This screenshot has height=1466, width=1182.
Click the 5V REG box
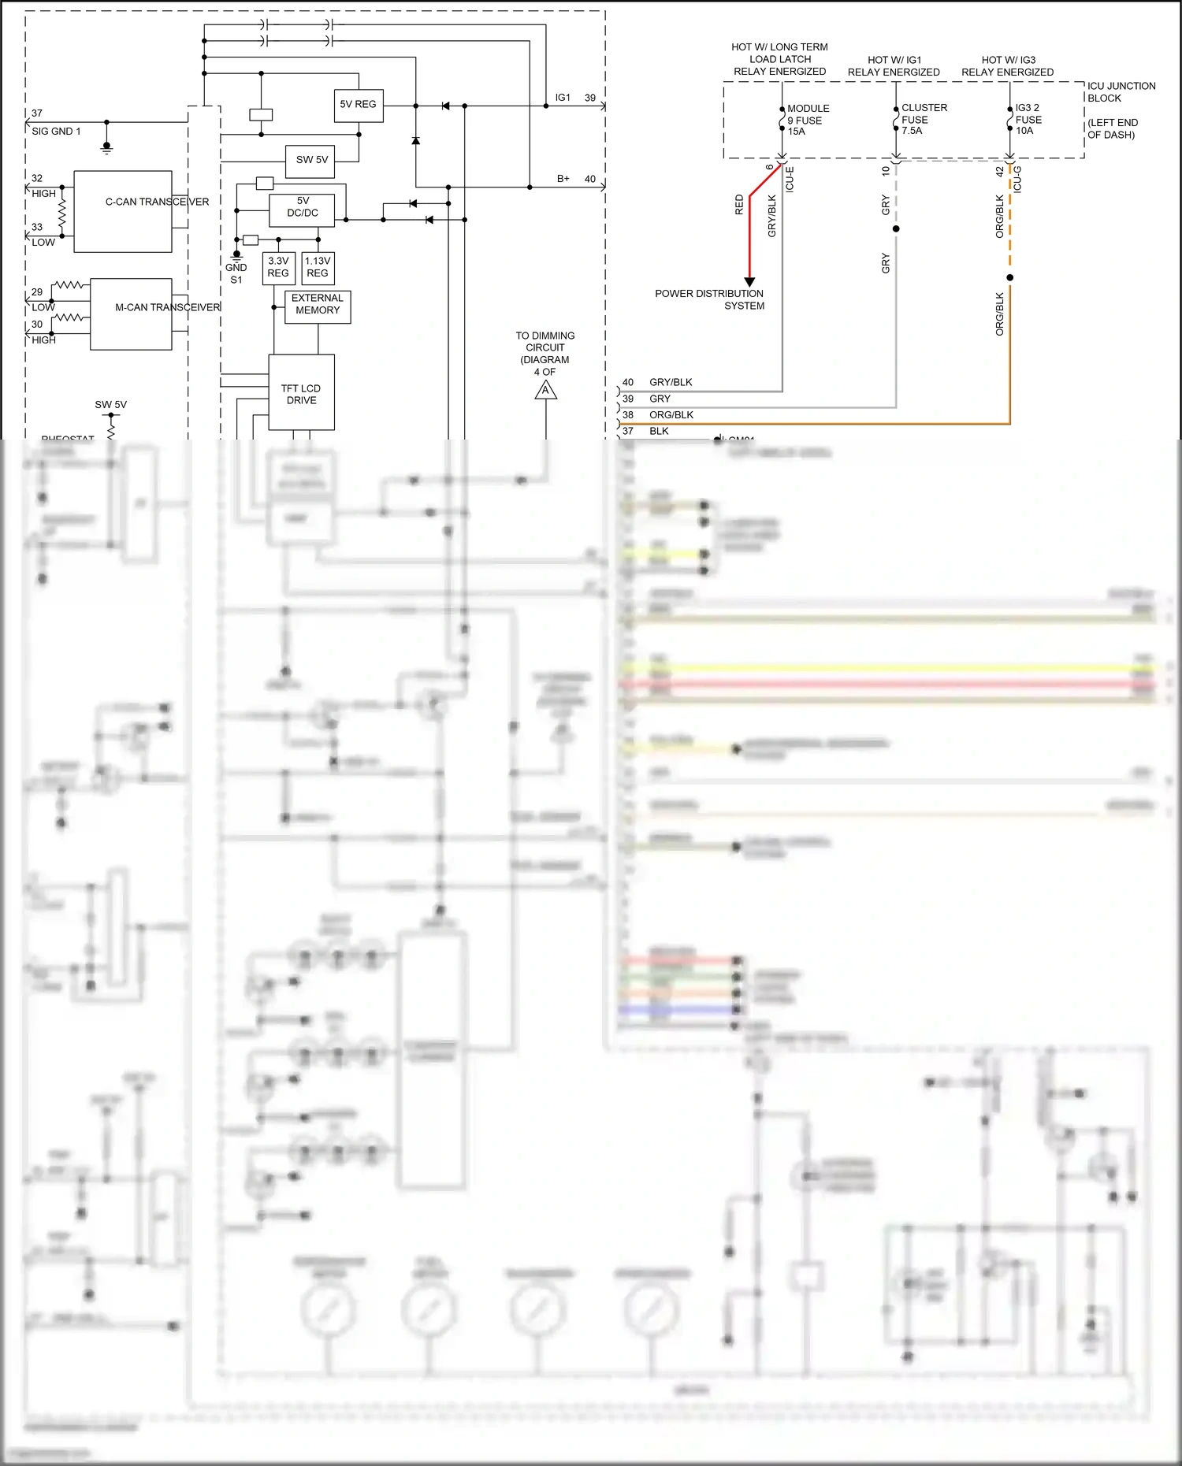point(359,105)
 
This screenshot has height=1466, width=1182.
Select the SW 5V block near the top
point(311,160)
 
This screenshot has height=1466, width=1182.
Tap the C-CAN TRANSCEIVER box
point(123,212)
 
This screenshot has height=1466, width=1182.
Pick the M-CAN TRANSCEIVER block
point(131,314)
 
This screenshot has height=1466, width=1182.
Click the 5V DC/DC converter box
point(302,210)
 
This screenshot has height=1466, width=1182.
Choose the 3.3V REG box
point(278,268)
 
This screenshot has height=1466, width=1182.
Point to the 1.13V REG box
point(318,268)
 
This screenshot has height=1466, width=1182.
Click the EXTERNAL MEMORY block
point(318,306)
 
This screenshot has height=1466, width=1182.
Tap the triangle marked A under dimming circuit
point(546,391)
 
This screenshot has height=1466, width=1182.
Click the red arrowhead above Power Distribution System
point(749,281)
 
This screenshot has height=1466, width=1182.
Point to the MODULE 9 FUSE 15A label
point(808,120)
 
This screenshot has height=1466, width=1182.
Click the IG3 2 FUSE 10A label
point(1028,119)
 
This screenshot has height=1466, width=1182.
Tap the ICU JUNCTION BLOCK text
point(1121,92)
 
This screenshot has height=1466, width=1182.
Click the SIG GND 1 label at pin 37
point(56,132)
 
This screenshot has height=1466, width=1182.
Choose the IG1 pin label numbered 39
point(563,98)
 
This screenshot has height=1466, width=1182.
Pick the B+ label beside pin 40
point(563,179)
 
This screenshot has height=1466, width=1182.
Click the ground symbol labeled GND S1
point(236,255)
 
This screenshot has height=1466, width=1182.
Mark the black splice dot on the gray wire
point(896,229)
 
